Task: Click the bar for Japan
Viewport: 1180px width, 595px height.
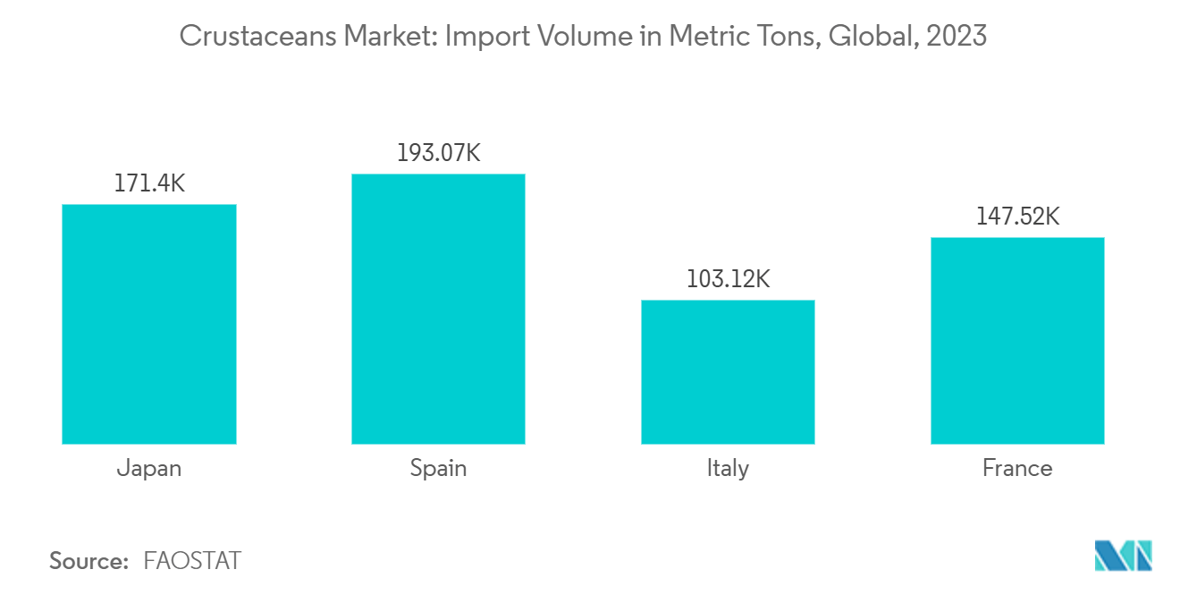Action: [148, 324]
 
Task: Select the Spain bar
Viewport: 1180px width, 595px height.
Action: [438, 309]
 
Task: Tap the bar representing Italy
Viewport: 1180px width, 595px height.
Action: [728, 371]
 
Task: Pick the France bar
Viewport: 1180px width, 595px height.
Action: [1017, 340]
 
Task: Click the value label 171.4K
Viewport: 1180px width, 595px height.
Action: [148, 184]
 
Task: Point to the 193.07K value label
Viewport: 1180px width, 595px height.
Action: [438, 153]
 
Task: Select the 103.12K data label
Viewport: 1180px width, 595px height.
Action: [728, 279]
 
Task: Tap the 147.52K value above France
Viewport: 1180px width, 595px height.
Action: [1017, 217]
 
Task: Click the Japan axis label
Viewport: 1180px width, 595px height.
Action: [148, 468]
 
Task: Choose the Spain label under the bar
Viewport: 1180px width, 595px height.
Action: [438, 468]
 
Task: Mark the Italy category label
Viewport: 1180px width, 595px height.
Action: [728, 468]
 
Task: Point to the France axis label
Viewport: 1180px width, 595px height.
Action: [1017, 468]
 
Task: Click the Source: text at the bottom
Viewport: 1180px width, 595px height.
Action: [89, 561]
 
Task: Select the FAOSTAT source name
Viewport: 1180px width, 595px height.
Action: [192, 561]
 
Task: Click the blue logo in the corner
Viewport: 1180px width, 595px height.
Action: [1124, 556]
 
